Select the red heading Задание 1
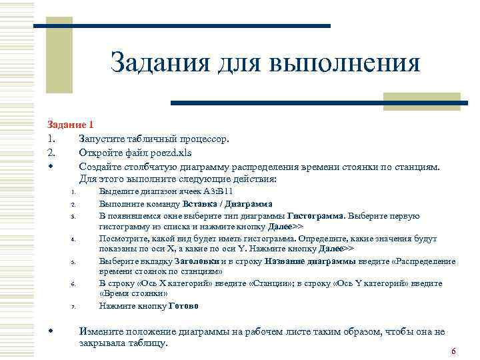tap(70, 125)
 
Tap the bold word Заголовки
tap(197, 261)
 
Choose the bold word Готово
tap(183, 306)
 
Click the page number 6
tap(453, 351)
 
